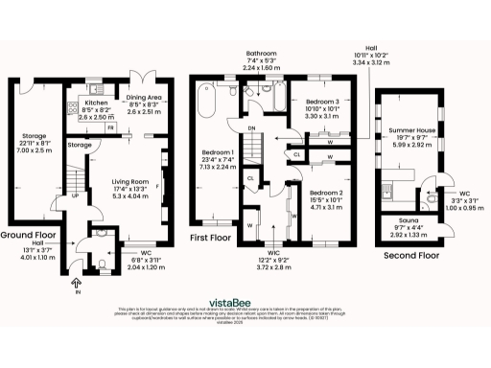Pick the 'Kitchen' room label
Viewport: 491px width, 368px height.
point(97,101)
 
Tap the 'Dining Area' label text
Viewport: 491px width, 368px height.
point(144,97)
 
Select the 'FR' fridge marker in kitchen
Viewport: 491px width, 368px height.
point(111,127)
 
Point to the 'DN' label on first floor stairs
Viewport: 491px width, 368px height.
point(251,128)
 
